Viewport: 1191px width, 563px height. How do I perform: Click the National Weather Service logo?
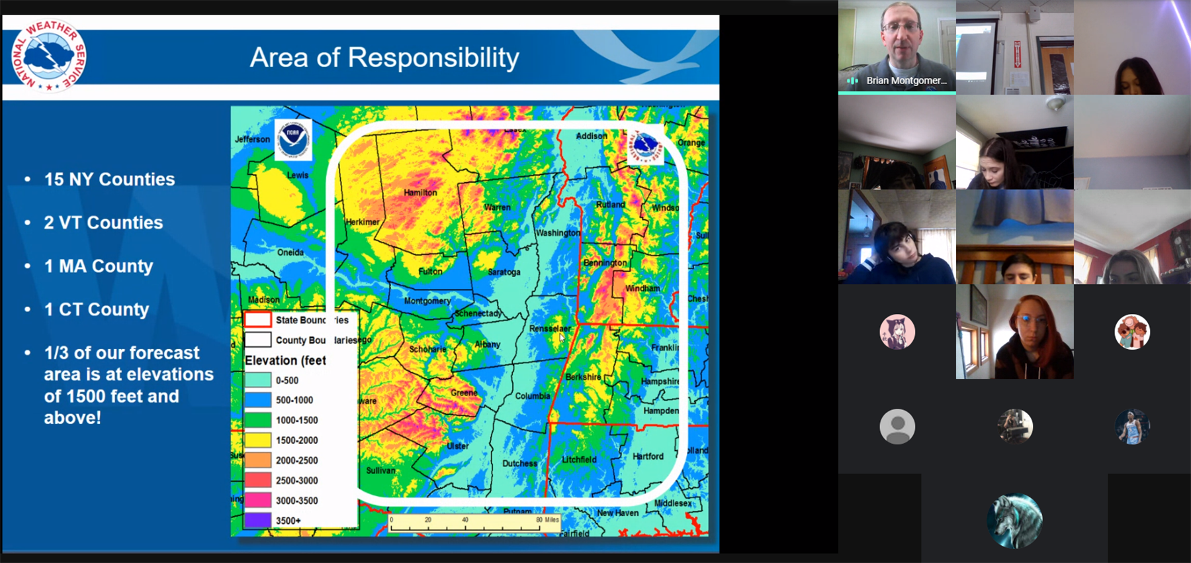48,56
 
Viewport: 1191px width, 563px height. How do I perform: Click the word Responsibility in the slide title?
433,58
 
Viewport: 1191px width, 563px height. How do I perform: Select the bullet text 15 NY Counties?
109,179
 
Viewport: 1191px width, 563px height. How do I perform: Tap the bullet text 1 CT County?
97,309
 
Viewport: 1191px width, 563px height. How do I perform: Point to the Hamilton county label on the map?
420,193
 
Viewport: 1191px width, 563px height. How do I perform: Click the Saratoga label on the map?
504,272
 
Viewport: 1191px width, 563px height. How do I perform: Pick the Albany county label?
487,344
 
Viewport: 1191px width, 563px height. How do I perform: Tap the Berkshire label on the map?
583,377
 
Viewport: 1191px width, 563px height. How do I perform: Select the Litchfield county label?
579,460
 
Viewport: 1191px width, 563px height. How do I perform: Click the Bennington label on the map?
605,263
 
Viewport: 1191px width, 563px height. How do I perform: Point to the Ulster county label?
457,446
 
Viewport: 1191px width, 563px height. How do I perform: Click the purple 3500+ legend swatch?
258,521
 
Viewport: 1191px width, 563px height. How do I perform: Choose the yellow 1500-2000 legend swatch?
258,440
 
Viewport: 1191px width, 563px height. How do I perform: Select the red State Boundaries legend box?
258,320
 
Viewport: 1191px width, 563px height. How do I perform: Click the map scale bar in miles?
474,523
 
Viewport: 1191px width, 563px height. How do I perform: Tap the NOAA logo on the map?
293,139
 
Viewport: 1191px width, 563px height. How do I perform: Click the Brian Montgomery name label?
906,81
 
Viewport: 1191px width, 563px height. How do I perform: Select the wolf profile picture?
1014,520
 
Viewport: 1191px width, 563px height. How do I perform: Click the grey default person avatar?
897,427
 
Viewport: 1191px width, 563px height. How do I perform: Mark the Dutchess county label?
519,464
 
